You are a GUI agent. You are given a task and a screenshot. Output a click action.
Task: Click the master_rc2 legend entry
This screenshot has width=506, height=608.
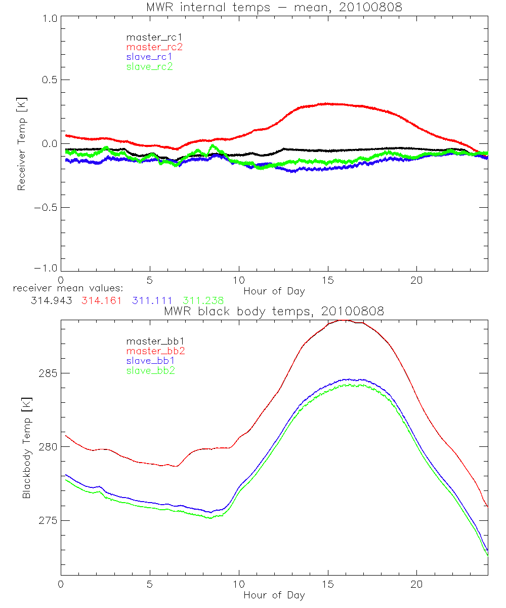coord(154,47)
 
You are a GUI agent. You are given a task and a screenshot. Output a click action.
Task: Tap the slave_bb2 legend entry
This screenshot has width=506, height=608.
coord(151,371)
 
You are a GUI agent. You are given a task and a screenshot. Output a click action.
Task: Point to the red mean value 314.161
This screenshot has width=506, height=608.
coord(101,300)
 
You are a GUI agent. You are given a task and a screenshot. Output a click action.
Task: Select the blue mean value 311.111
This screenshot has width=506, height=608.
coord(152,300)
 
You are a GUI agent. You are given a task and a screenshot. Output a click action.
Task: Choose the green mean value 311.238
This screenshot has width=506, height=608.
coord(203,300)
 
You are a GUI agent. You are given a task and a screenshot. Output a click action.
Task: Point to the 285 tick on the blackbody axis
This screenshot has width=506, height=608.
coord(48,373)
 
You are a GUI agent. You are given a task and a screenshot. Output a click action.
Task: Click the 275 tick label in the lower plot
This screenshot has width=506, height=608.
coord(48,521)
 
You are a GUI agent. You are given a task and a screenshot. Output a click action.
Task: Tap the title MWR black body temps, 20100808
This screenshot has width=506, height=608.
coord(274,312)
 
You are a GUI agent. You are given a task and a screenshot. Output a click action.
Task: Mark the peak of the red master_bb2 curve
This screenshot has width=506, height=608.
coord(344,320)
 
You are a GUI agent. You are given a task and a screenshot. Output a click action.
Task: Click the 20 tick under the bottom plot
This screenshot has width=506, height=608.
coord(416,586)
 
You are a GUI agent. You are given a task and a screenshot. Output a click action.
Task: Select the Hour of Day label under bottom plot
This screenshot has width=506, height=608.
coord(274,595)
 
